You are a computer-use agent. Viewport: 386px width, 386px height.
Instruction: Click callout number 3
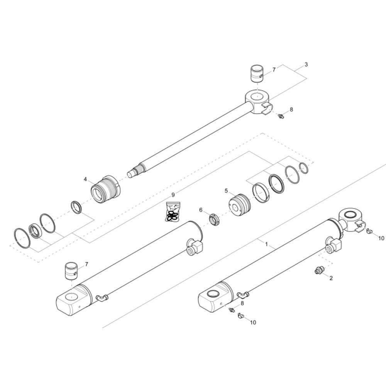click(x=306, y=64)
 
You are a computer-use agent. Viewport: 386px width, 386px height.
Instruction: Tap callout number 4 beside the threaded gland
click(x=85, y=179)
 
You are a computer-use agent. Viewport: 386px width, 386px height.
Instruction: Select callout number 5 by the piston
click(x=226, y=191)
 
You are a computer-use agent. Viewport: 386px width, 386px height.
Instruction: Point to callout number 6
click(x=201, y=210)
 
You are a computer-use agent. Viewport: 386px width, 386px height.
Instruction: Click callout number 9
click(x=173, y=188)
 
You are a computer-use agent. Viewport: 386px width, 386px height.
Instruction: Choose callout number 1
click(x=266, y=244)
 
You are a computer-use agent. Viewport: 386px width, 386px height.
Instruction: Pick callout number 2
click(x=331, y=278)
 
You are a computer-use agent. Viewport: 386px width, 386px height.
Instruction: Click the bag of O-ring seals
click(x=173, y=212)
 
